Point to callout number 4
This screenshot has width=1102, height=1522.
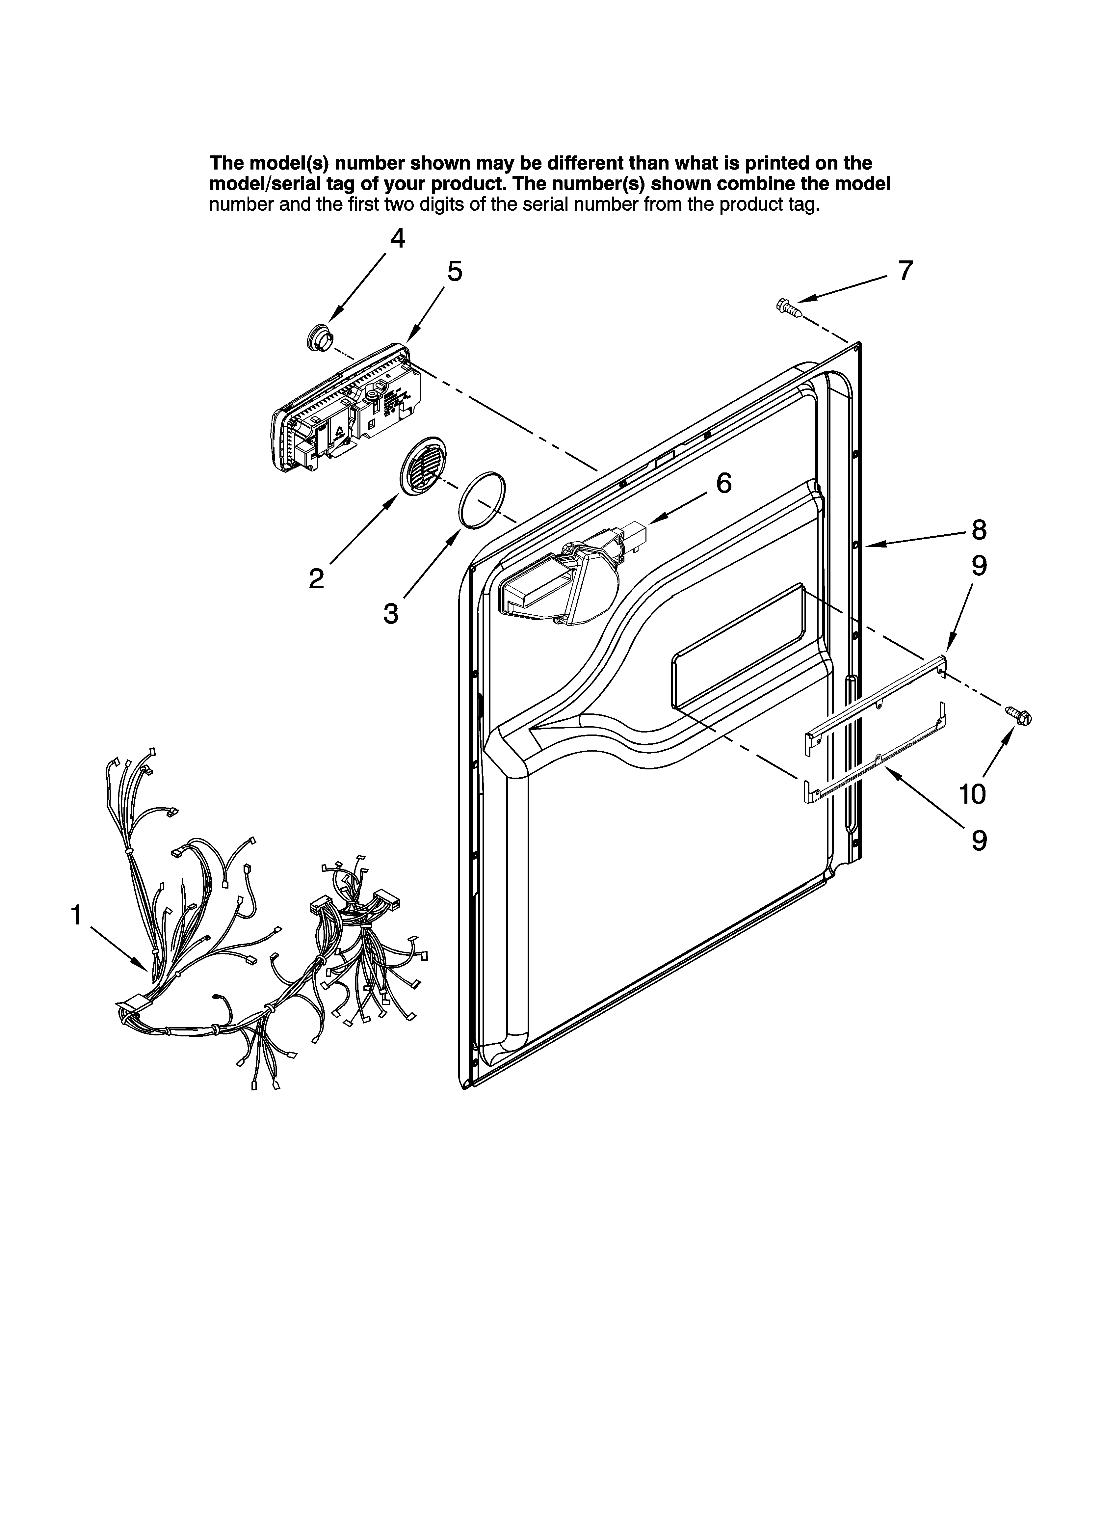click(398, 238)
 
